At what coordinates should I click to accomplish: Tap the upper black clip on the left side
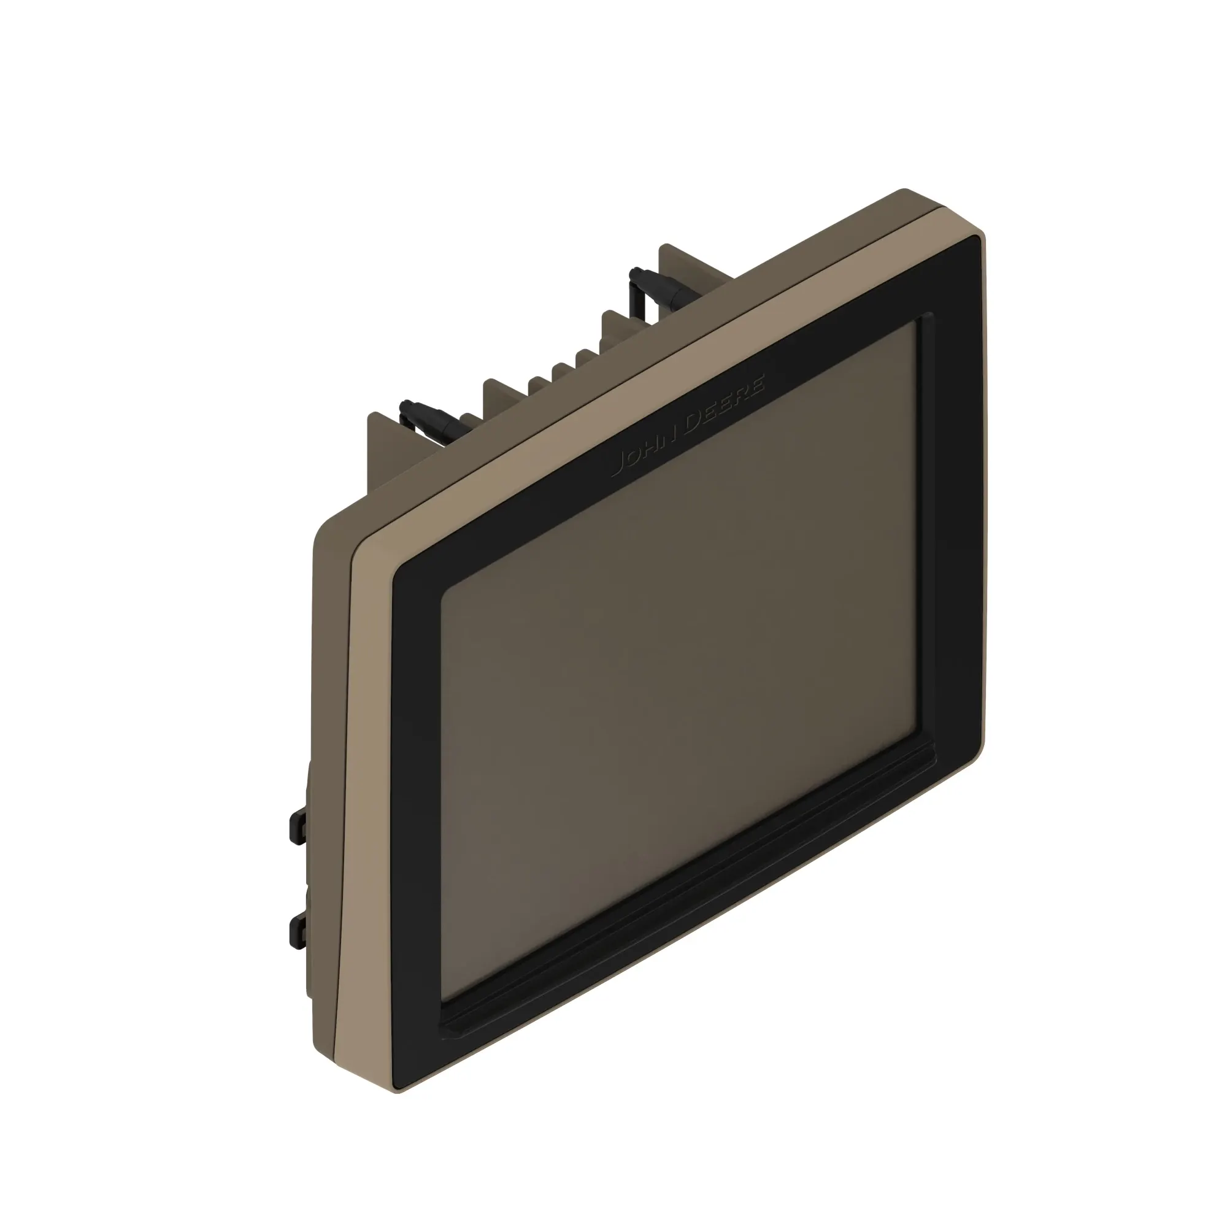coord(297,826)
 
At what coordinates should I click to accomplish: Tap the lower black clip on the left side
coord(297,933)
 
